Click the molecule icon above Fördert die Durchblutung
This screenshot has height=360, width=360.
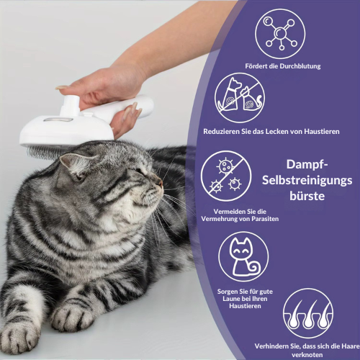[x=280, y=34]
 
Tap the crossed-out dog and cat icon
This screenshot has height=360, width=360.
[x=240, y=98]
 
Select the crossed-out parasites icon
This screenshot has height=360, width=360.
[x=226, y=176]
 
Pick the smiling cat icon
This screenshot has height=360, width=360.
[x=243, y=256]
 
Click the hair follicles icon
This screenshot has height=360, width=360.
[x=308, y=313]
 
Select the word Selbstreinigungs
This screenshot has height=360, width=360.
[x=307, y=181]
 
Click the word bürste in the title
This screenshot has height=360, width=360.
[x=307, y=196]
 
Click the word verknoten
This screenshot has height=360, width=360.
[x=307, y=355]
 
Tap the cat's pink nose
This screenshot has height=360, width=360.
[x=159, y=183]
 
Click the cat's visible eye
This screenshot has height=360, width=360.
[x=140, y=171]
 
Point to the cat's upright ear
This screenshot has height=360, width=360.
[x=72, y=163]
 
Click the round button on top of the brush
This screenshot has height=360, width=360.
[x=71, y=103]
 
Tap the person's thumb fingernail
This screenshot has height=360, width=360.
[x=61, y=87]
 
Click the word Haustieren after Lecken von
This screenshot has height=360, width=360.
[x=322, y=132]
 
